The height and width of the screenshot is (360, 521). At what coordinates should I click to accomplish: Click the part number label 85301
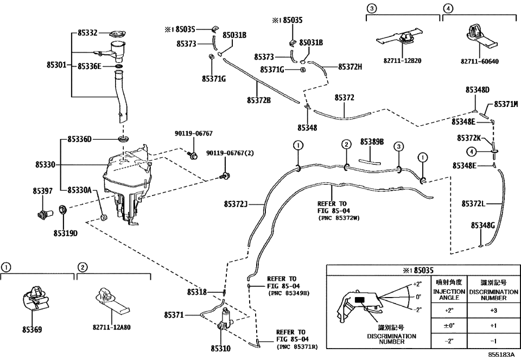click(x=56, y=66)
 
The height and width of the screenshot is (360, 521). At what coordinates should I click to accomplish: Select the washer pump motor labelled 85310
click(x=225, y=321)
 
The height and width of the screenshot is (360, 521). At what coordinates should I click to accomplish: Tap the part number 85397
click(x=42, y=191)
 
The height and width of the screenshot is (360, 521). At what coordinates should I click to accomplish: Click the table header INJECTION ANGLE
click(x=449, y=294)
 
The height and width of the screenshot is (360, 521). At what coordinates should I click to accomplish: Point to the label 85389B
click(x=372, y=142)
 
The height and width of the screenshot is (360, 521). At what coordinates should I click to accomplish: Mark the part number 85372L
click(x=473, y=204)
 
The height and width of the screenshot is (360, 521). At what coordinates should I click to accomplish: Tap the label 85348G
click(x=483, y=225)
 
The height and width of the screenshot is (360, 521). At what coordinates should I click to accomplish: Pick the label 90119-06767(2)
click(x=230, y=154)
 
